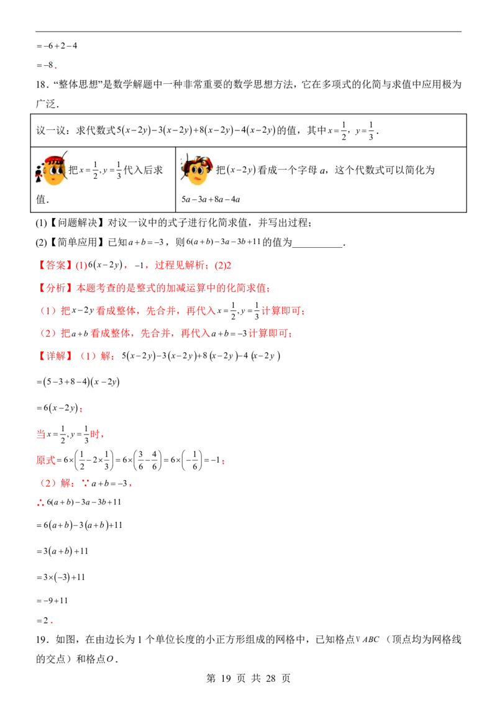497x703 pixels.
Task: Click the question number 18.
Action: point(41,84)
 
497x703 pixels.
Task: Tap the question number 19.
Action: point(41,640)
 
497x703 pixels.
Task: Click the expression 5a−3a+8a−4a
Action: point(211,199)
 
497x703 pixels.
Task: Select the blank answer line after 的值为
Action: point(317,246)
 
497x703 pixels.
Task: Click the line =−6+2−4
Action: point(57,46)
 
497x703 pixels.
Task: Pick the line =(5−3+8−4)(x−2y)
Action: point(78,382)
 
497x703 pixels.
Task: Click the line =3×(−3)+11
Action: point(60,577)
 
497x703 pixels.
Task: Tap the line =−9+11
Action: point(52,601)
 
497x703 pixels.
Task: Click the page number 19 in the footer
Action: point(226,678)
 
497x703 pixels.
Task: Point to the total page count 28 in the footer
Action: point(270,678)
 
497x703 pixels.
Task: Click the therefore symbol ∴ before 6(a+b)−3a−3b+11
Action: point(40,503)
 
